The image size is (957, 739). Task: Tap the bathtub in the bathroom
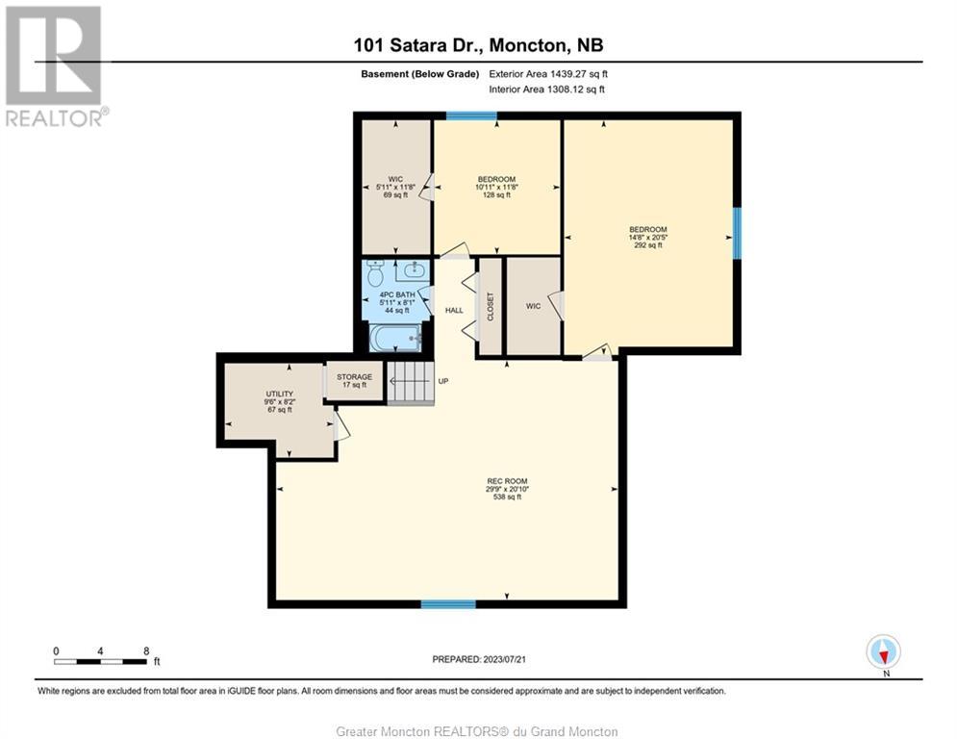click(396, 338)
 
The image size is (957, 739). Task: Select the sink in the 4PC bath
click(416, 269)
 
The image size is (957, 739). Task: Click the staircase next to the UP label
click(410, 382)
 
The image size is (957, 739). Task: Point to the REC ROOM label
click(507, 489)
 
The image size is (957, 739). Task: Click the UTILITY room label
click(280, 401)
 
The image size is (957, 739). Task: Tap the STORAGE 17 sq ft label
click(355, 381)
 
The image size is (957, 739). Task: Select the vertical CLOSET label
click(491, 307)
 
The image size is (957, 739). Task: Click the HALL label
click(454, 310)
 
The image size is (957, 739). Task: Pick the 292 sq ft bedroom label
click(648, 237)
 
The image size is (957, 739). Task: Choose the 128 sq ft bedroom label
click(497, 187)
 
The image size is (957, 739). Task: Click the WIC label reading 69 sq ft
click(395, 187)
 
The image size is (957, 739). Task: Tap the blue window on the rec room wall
click(448, 604)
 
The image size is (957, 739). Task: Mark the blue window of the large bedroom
click(737, 233)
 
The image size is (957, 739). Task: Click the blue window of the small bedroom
click(471, 116)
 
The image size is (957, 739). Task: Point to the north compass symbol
click(884, 652)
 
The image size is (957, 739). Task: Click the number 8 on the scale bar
click(146, 651)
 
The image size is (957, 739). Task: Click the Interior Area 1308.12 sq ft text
click(547, 89)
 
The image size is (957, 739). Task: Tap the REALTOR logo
click(55, 66)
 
